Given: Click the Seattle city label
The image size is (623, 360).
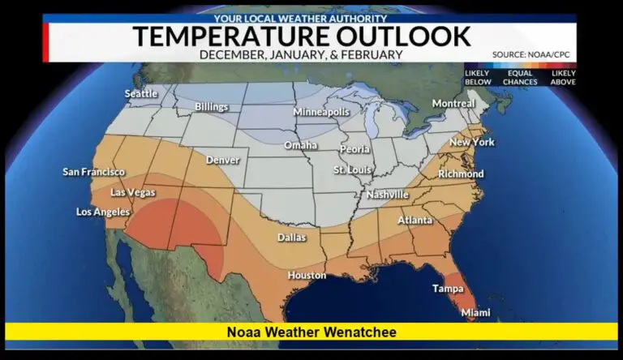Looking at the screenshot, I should pos(141,93).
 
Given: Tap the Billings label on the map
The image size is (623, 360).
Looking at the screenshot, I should pos(211,107).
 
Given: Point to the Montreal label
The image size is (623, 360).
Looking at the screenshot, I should pos(453,104).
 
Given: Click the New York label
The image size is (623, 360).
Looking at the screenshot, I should pos(472,142).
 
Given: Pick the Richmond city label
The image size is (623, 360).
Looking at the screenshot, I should pos(461,174).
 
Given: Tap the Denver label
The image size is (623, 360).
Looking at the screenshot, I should pos(223,160).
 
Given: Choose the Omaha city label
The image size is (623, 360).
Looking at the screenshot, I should pos(300,145).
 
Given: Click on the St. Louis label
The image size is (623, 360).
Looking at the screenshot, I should pos(354,169).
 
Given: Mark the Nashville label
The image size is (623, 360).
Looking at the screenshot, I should pos(387,195).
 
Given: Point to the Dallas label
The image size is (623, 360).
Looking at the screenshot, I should pos(292,238).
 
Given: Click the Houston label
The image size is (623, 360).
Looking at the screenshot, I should pos(307,275).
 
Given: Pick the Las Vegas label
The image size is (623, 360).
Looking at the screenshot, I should pos(132,192).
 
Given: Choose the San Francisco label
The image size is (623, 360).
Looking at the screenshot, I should pos(94,172).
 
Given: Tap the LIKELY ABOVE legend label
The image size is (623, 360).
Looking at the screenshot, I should pos(563,78).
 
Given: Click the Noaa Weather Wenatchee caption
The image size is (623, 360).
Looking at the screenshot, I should pos(311,332).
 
